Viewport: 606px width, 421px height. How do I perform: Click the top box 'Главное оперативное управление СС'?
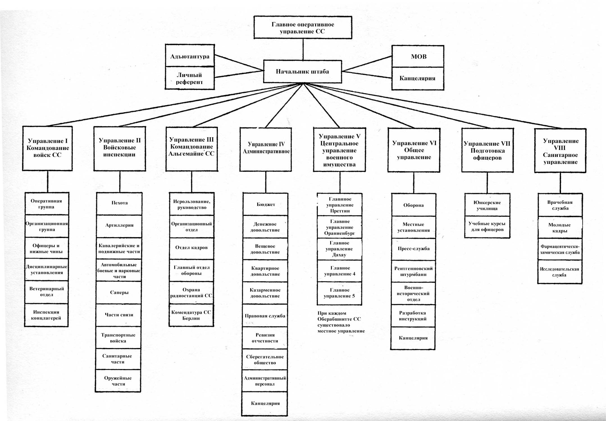[303, 27]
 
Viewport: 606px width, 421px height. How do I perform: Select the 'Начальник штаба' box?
[302, 72]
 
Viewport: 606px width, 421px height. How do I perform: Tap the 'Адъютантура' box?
[190, 56]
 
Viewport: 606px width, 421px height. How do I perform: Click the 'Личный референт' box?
[190, 78]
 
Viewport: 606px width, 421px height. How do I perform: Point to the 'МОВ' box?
[418, 56]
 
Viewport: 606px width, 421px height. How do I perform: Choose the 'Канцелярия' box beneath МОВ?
[418, 79]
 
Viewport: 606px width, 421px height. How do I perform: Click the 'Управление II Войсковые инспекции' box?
[120, 148]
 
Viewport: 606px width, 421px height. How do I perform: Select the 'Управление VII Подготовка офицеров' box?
[487, 150]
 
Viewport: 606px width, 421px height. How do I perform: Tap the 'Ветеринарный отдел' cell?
[47, 292]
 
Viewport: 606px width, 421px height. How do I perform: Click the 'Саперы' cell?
[119, 292]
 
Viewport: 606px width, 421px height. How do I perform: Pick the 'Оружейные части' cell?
[118, 381]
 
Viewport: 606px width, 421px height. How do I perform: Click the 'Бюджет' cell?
[266, 204]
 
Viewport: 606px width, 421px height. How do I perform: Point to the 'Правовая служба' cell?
[265, 316]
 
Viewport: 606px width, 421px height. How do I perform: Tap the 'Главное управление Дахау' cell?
[340, 249]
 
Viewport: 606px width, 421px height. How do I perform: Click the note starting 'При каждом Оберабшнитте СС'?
[341, 322]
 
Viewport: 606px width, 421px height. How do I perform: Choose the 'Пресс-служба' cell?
[413, 249]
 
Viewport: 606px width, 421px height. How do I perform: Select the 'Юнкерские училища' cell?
[487, 205]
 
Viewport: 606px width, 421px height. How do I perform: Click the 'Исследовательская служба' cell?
[560, 272]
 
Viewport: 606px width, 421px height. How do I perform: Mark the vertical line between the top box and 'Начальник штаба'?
[303, 49]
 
